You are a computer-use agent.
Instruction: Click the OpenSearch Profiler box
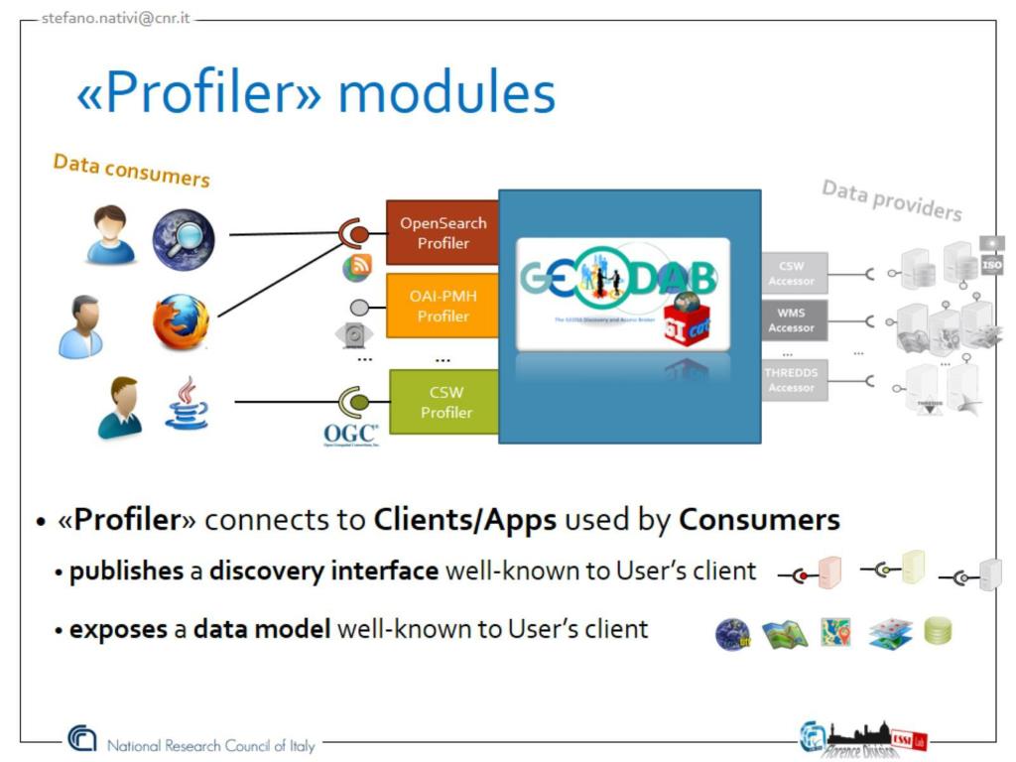[443, 232]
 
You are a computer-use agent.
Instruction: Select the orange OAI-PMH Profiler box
[443, 306]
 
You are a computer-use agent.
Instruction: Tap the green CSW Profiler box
[445, 402]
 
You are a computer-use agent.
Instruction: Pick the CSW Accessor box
[791, 273]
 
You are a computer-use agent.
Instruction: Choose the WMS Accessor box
[791, 319]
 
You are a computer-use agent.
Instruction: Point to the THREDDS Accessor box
[791, 379]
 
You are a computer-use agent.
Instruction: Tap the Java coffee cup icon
[186, 402]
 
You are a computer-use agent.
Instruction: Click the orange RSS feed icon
[356, 267]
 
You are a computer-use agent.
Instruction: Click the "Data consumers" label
[131, 170]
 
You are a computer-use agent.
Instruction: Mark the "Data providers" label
[891, 200]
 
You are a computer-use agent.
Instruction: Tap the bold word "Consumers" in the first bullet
[759, 519]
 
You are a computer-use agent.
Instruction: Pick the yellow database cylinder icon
[938, 630]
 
